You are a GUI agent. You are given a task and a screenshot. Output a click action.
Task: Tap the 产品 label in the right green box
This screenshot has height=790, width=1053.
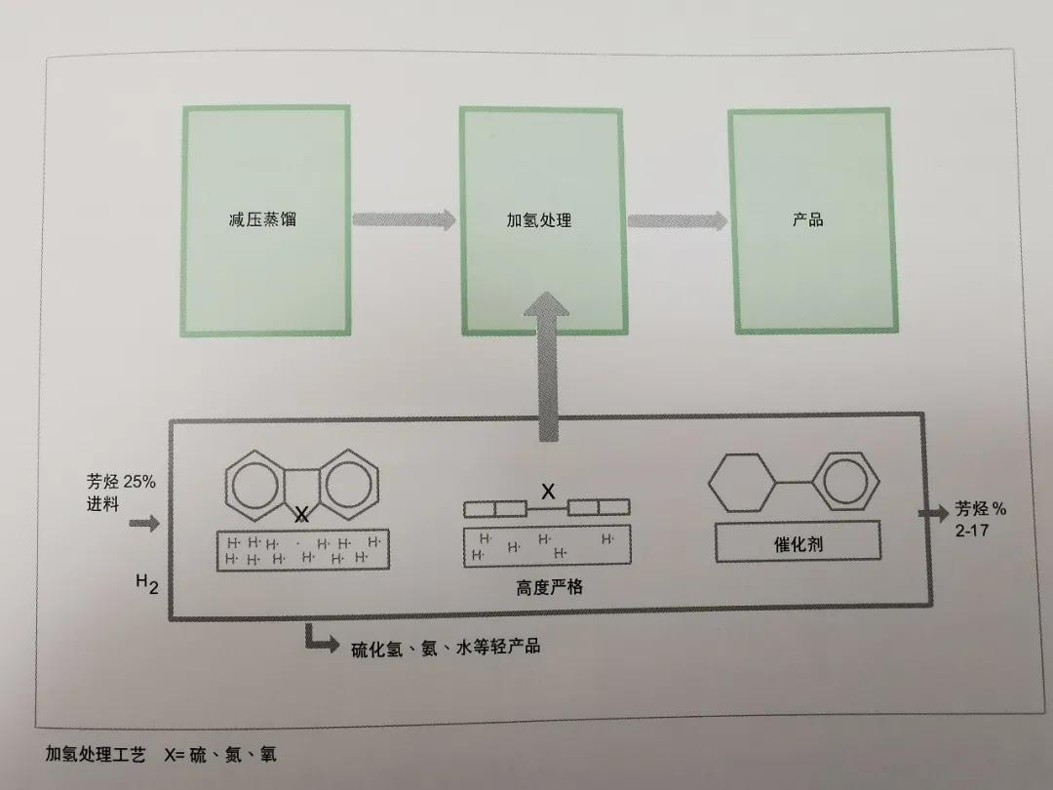[x=807, y=219]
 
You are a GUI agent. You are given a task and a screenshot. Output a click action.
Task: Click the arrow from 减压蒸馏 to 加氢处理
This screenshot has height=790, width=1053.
[x=403, y=219]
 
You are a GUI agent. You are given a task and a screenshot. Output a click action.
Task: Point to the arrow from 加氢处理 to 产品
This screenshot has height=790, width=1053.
[x=677, y=220]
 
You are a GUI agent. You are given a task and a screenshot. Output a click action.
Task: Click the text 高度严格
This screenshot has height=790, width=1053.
[x=549, y=587]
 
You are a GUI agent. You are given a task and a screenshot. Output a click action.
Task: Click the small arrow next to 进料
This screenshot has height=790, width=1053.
[x=143, y=525]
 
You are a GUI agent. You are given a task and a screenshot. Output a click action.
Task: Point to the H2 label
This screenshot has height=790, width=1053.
[x=146, y=585]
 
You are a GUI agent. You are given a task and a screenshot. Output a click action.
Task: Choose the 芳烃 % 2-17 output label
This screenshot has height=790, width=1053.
[x=980, y=519]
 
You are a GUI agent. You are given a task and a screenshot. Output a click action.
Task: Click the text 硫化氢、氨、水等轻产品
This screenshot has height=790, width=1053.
[x=446, y=646]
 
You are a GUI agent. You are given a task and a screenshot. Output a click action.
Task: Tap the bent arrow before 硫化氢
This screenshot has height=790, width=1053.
[x=319, y=639]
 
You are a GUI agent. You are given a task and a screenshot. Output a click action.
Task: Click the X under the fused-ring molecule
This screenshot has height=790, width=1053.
[x=302, y=513]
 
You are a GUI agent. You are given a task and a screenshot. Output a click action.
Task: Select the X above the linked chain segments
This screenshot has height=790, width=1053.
[x=548, y=493]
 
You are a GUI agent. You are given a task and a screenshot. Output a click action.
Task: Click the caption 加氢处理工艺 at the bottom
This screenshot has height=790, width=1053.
[x=96, y=755]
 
